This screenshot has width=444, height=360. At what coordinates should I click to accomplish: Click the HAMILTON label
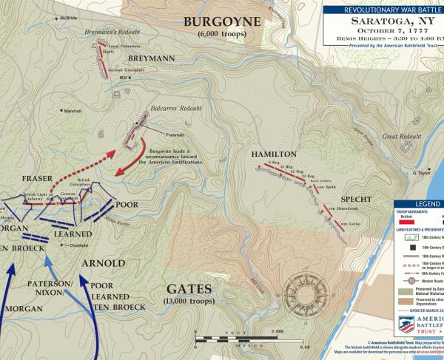pos(273,154)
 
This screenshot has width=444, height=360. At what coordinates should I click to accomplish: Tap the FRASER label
pos(36,178)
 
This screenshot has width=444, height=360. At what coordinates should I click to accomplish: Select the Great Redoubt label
pos(400,137)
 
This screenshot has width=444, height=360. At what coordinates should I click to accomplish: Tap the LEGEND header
pos(427,204)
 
